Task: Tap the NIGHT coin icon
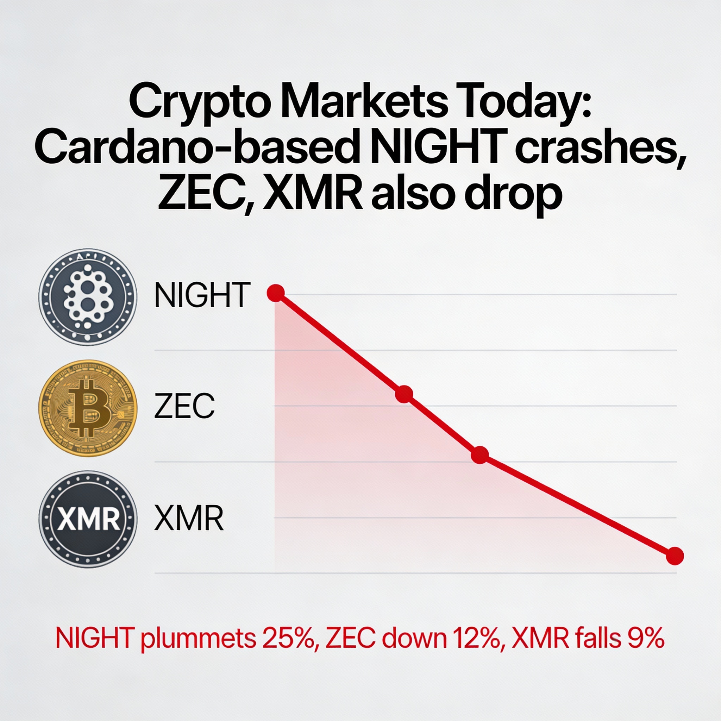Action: pos(88,297)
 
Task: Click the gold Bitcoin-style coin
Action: pos(88,408)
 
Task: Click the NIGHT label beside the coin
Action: pos(202,295)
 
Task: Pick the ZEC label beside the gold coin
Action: pos(184,406)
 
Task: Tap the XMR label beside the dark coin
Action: pos(189,518)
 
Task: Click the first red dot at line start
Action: pos(276,293)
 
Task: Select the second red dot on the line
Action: pos(404,394)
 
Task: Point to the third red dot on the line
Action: pos(480,455)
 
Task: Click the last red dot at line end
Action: pos(675,556)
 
